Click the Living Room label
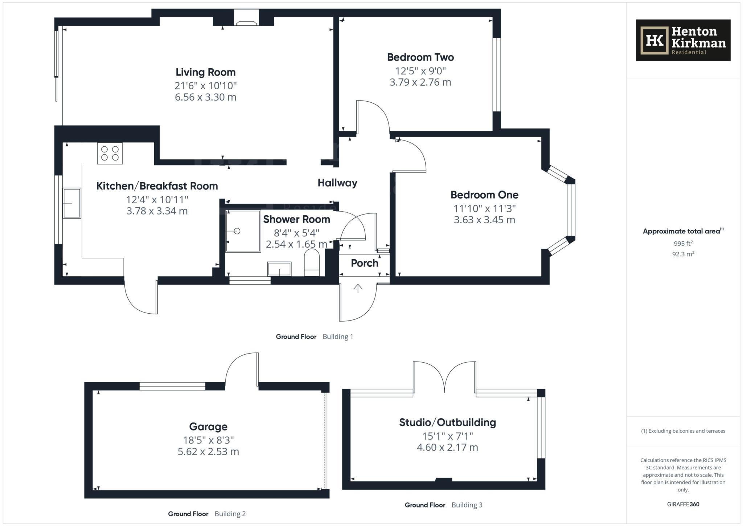coord(205,72)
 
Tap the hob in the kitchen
coord(110,153)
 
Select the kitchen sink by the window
coord(72,203)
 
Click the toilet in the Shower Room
coord(312,262)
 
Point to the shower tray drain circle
coord(237,231)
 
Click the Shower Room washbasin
coord(279,269)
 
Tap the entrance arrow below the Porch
coord(358,289)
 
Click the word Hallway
coord(337,183)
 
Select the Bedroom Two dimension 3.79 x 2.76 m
coord(420,82)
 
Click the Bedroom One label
coord(484,195)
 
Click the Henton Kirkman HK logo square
coord(654,40)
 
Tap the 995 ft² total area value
coord(683,244)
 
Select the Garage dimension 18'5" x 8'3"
coord(208,440)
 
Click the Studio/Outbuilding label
coord(447,423)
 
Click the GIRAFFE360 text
coord(683,504)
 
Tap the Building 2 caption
coord(230,514)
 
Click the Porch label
coord(364,263)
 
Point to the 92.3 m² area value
coord(683,254)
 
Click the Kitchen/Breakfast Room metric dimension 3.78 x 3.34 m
coord(157,211)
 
